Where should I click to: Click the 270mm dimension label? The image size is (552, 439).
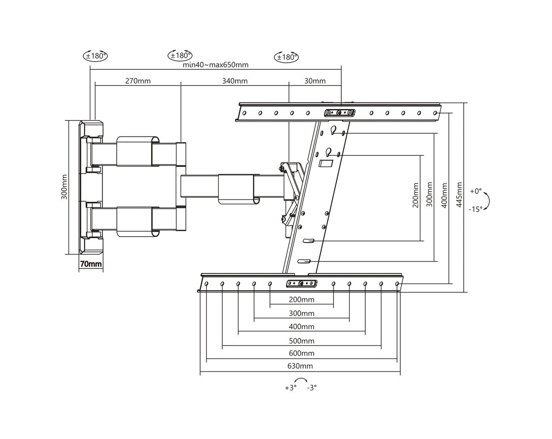(138, 81)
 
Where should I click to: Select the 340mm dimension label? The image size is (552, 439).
(235, 81)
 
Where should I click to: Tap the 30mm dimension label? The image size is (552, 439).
(315, 81)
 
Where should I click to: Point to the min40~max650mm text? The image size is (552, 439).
(215, 65)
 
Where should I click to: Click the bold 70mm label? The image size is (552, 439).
(91, 264)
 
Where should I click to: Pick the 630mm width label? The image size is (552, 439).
(300, 366)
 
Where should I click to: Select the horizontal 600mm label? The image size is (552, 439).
(302, 353)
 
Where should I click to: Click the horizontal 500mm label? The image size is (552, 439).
(302, 341)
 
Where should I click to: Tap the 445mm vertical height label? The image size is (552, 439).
(459, 194)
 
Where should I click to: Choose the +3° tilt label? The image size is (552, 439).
(290, 388)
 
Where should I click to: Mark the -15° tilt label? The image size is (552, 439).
(476, 209)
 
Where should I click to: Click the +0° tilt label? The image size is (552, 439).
(476, 191)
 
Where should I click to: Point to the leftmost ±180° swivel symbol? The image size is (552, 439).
(95, 56)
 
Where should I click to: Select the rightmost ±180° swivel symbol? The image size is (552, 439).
(287, 57)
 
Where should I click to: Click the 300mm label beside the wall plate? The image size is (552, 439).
(64, 187)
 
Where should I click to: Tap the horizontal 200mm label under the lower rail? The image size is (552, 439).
(302, 300)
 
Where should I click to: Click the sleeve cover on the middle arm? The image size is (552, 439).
(236, 188)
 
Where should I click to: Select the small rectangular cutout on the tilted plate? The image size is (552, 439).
(326, 163)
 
